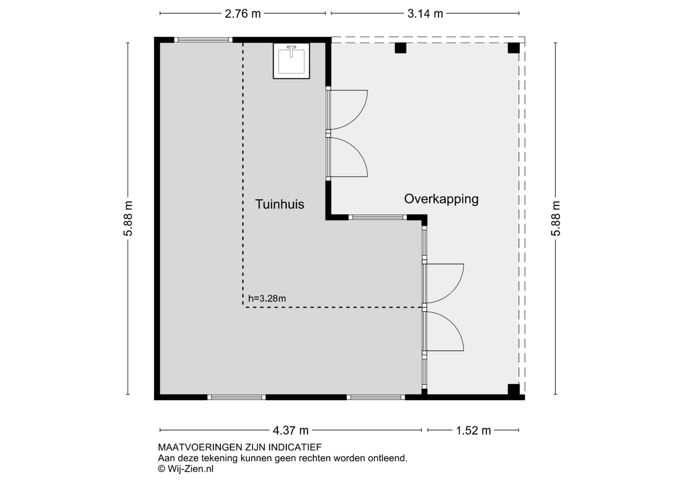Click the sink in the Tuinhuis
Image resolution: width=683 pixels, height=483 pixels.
(291, 61)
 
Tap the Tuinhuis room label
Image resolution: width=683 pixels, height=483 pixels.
(280, 204)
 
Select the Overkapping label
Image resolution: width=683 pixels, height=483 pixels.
(441, 199)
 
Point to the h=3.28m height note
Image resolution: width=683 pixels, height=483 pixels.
(267, 298)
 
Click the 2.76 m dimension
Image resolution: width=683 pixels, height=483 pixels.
(243, 14)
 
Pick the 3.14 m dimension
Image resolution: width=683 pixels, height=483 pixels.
(425, 14)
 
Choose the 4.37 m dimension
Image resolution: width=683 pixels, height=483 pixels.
(291, 430)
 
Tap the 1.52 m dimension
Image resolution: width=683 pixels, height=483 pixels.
(473, 430)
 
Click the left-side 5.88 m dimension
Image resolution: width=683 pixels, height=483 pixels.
(128, 218)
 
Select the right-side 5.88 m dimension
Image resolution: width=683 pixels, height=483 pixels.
(555, 218)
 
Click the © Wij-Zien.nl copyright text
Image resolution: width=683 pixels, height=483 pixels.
(186, 469)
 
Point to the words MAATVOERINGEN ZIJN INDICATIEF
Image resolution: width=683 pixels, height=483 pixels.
(240, 447)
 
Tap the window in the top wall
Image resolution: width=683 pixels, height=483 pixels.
(203, 40)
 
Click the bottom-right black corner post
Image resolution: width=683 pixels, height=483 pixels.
(513, 389)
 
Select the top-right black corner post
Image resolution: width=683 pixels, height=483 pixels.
(513, 48)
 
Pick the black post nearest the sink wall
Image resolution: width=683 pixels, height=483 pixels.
(400, 48)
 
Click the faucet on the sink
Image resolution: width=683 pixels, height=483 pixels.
(291, 51)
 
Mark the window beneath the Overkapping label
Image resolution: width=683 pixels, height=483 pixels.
(377, 217)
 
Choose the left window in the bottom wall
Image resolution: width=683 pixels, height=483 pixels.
(237, 397)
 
